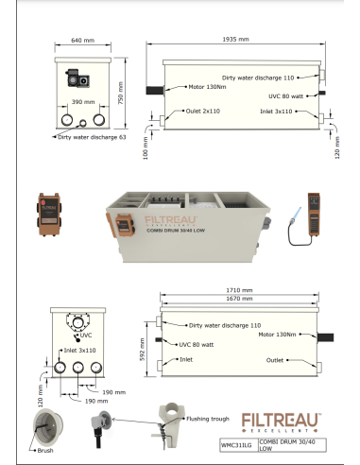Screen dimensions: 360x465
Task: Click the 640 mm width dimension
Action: (x=82, y=41)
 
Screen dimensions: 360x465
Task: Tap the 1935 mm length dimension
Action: (x=235, y=40)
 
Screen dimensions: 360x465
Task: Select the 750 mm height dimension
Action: (x=121, y=93)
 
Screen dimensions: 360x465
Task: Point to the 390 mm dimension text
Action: (x=83, y=102)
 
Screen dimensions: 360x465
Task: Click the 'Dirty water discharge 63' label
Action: (x=92, y=137)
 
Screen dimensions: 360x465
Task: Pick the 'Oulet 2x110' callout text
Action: (x=203, y=111)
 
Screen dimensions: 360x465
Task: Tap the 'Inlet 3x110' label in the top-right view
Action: (x=276, y=112)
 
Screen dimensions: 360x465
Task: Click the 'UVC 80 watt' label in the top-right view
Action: (x=285, y=96)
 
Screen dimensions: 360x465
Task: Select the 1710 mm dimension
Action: (x=239, y=290)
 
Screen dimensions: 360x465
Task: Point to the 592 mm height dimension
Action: (x=142, y=350)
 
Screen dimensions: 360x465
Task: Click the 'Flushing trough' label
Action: (x=208, y=419)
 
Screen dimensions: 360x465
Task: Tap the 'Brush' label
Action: (x=45, y=451)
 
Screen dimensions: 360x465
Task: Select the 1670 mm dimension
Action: (x=239, y=299)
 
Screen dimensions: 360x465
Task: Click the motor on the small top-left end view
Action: (x=77, y=78)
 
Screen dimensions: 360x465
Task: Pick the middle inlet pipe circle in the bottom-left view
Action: (x=78, y=368)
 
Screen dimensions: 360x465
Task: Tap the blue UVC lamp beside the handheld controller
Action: (x=298, y=215)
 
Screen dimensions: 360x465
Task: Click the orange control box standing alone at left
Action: (x=49, y=215)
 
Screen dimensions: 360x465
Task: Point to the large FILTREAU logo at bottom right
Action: (x=282, y=422)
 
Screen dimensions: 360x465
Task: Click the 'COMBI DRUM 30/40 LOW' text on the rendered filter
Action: (x=176, y=231)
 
